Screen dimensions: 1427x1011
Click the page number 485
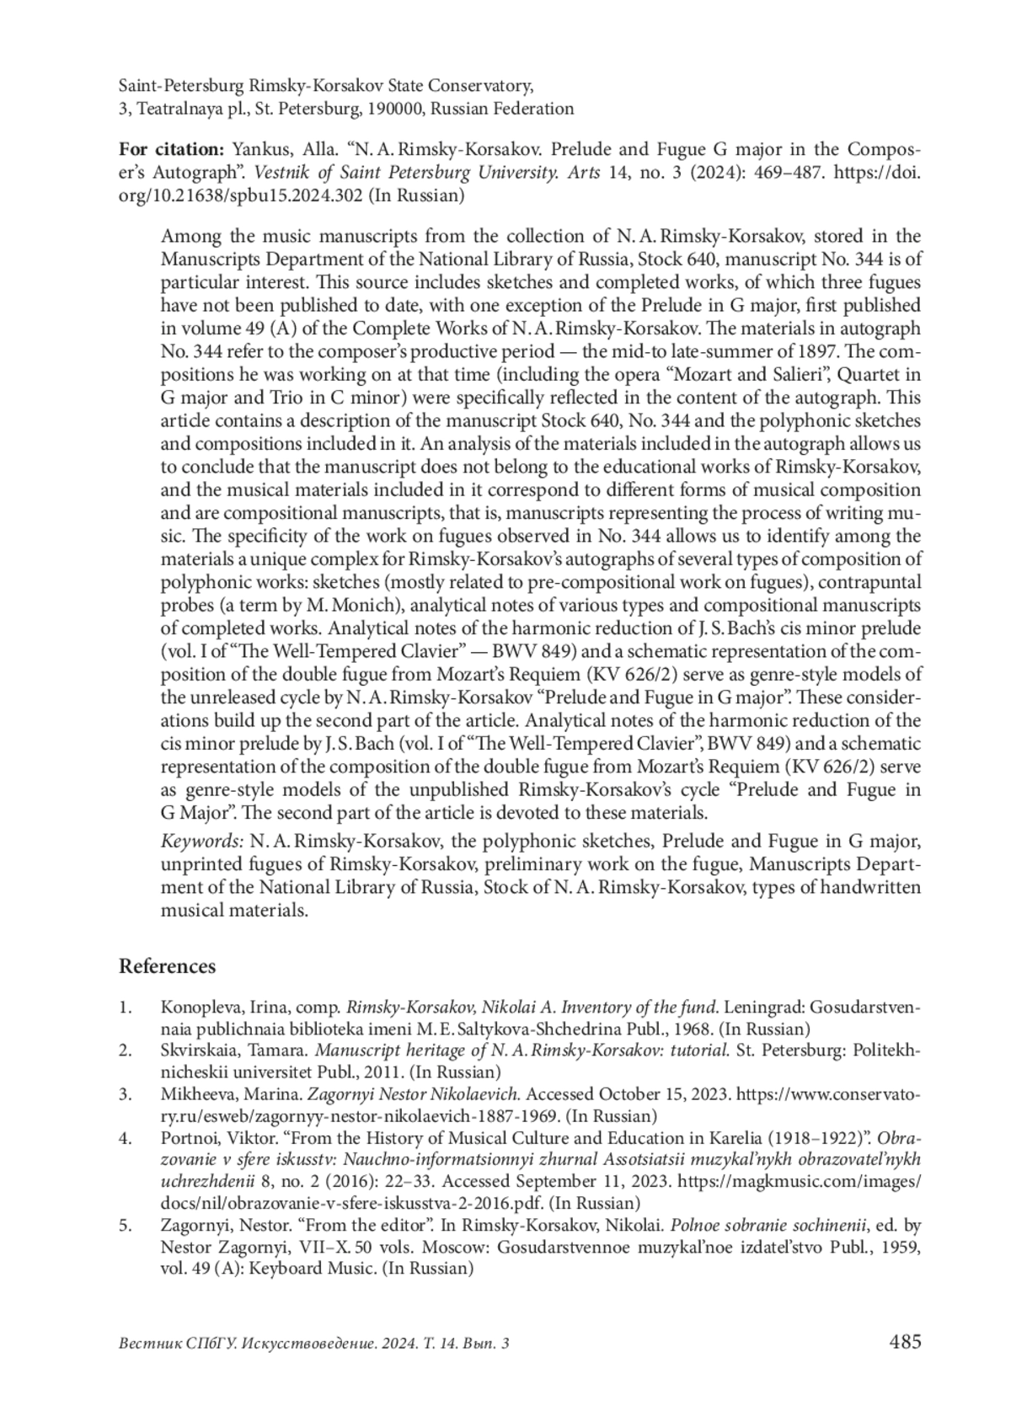coord(905,1342)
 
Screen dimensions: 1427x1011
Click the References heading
coord(167,966)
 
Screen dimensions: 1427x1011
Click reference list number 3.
coord(126,1094)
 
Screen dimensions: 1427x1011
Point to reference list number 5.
coord(126,1226)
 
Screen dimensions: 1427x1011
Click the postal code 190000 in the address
coord(397,109)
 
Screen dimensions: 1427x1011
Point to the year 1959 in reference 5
coord(901,1248)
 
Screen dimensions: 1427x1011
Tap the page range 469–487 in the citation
coord(777,174)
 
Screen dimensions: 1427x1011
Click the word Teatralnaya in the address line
coord(179,109)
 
